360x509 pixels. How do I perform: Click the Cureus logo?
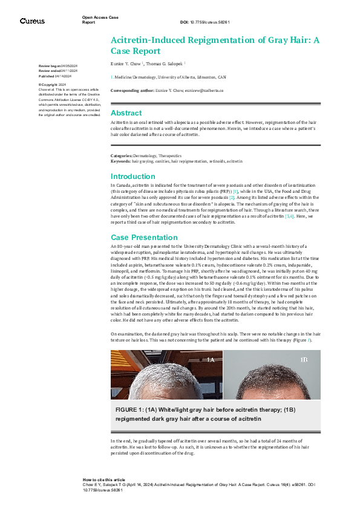tap(32, 21)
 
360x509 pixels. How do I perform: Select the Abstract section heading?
tap(126, 113)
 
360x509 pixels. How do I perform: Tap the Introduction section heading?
tap(133, 177)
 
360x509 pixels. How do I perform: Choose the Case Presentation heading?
tap(144, 238)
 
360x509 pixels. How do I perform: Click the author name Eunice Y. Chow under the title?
tap(125, 63)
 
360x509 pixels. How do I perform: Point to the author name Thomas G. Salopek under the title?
tap(165, 63)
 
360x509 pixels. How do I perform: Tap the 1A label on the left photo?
tap(211, 360)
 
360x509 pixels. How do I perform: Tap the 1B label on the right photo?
tap(304, 360)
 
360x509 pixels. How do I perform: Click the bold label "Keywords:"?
tap(121, 161)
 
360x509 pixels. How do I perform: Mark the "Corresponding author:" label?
tap(130, 90)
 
